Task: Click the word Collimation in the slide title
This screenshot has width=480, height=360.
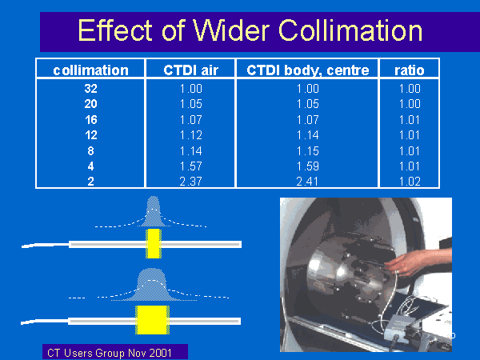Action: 350,30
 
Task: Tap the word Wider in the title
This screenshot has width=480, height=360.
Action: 231,30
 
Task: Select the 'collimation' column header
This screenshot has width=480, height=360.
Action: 90,70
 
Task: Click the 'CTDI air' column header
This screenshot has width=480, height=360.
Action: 190,70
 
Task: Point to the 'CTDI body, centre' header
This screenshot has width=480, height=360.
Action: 308,70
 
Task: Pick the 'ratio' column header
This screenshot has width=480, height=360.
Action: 410,70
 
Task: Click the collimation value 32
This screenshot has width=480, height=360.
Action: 90,89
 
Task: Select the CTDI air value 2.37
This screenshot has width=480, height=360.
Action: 190,182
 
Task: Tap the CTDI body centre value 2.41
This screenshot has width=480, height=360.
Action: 307,182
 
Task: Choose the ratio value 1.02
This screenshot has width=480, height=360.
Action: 410,182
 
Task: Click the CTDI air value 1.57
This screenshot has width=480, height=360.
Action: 190,166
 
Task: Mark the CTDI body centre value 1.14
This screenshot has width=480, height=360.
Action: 308,135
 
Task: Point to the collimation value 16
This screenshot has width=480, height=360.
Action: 91,120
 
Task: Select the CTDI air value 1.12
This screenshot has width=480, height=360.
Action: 190,135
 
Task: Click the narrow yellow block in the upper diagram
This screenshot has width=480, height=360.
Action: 154,243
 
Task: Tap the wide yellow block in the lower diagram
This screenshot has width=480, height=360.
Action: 152,320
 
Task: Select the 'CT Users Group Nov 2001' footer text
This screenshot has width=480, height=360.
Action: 110,353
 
